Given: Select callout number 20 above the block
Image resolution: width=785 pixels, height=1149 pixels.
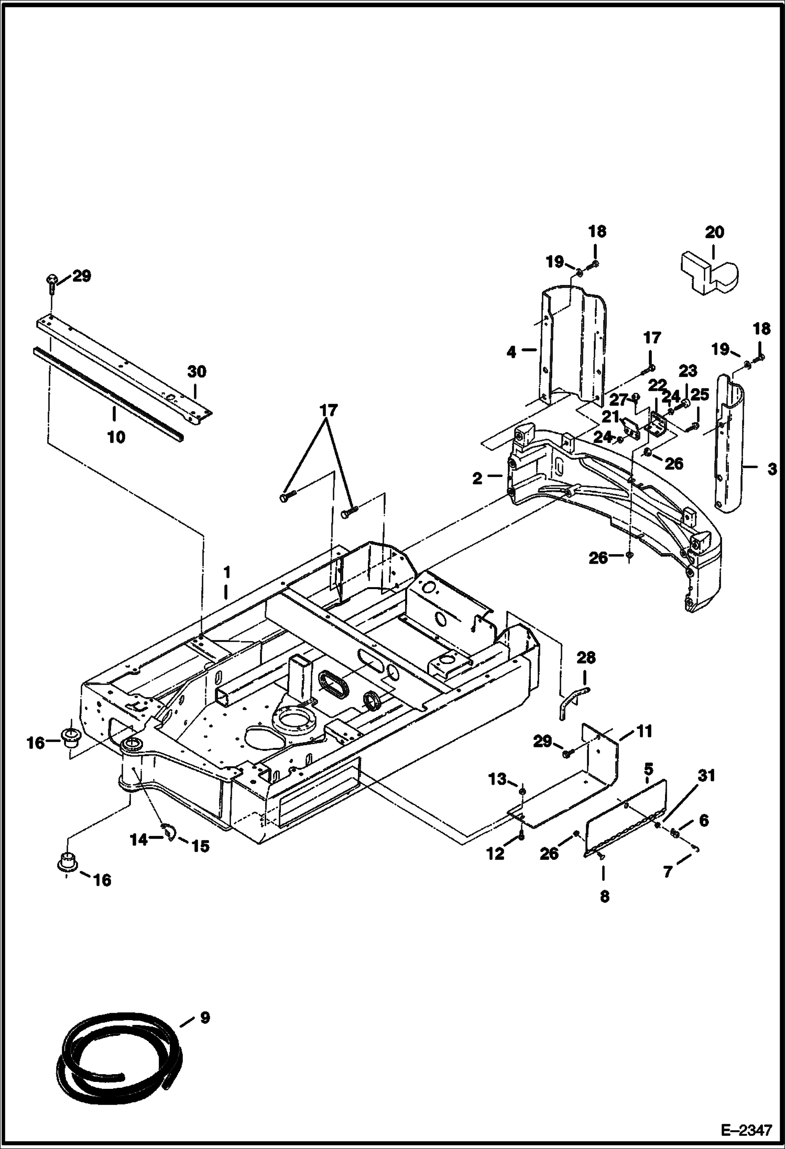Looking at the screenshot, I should coord(715,232).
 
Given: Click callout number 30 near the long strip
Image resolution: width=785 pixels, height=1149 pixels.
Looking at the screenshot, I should coord(197,372).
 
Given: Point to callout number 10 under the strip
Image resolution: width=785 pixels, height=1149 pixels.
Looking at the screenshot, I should coord(116,437).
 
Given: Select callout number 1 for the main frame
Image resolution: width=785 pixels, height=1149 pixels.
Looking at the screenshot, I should coord(226,570).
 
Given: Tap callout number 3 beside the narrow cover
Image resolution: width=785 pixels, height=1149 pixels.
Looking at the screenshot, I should coord(771,469).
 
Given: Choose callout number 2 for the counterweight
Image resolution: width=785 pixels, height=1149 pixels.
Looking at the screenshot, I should coord(477,478).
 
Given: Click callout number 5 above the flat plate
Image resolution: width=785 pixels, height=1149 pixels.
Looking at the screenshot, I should coord(648,769).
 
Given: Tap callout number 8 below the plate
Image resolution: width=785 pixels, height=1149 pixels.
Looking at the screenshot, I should coord(604,897).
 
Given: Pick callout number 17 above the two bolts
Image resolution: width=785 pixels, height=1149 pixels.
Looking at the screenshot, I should coord(330,410).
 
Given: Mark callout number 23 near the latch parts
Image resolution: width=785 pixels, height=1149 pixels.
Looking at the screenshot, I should coord(688,371).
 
